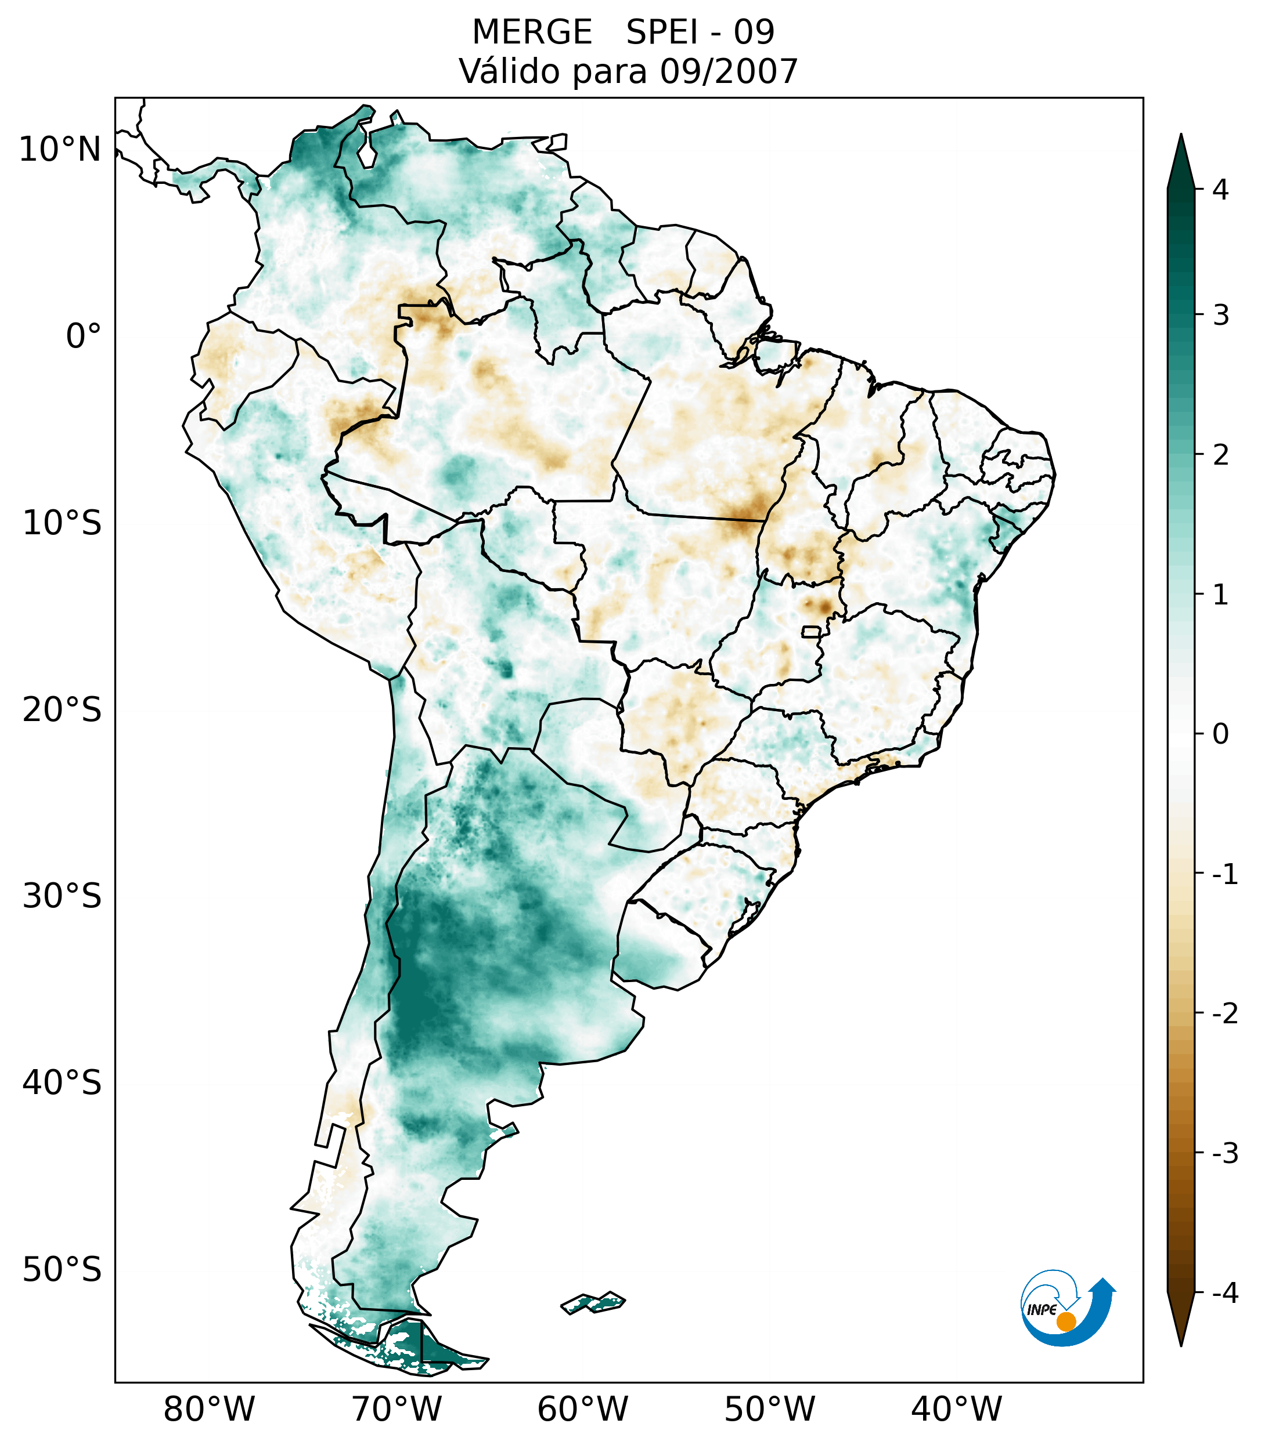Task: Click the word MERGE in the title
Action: pyautogui.click(x=531, y=32)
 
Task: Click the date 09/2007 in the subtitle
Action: pyautogui.click(x=728, y=71)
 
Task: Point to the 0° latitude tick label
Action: pyautogui.click(x=84, y=336)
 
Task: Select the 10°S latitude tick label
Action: pyautogui.click(x=62, y=523)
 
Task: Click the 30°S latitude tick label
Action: pyautogui.click(x=62, y=896)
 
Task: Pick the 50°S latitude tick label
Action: pyautogui.click(x=62, y=1270)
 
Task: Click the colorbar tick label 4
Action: pyautogui.click(x=1220, y=190)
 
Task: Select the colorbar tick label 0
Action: pyautogui.click(x=1220, y=734)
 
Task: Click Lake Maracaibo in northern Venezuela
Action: pyautogui.click(x=366, y=152)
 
